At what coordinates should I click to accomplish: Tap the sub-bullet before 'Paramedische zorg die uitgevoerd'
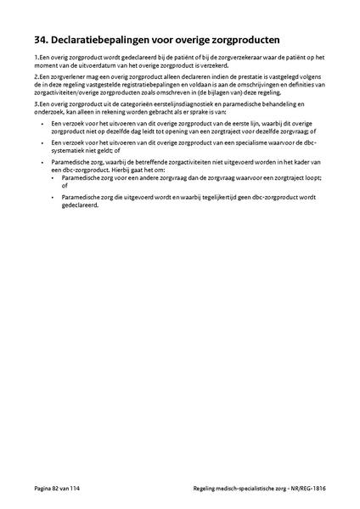[53, 197]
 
